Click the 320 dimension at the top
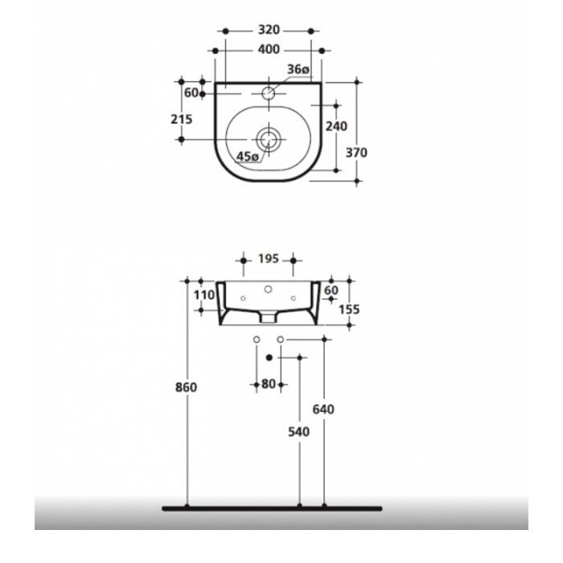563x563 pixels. [269, 31]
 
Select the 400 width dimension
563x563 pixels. [269, 50]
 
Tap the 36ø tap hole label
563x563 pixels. [298, 71]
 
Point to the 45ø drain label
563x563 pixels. [249, 156]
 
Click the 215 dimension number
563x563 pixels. [182, 119]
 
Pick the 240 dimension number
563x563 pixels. [335, 125]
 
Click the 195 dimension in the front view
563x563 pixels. [269, 259]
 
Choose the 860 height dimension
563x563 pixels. [187, 387]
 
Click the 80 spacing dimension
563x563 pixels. [269, 384]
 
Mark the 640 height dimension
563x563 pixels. [324, 409]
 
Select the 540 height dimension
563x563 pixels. [298, 431]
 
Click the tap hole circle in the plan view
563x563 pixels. [268, 94]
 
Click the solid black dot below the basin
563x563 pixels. [269, 356]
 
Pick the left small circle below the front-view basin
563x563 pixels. [257, 339]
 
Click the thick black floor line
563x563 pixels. [272, 508]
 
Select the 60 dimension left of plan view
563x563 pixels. [191, 93]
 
